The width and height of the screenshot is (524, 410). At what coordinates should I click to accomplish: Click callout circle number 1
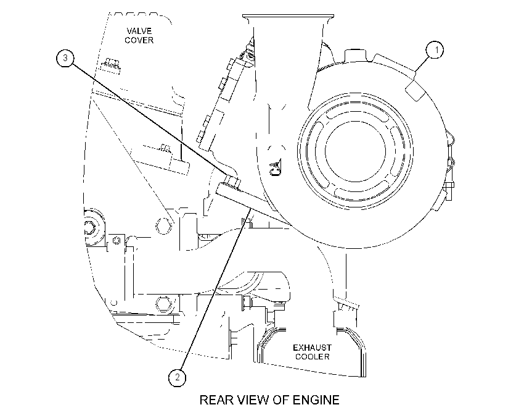click(x=435, y=50)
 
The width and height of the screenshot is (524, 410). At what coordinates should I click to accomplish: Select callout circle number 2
click(x=177, y=377)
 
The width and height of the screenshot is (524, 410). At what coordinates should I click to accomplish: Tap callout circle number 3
click(x=65, y=58)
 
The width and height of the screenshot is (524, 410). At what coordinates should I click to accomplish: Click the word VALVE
click(x=139, y=31)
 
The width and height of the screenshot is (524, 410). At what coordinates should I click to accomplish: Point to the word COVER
click(x=139, y=40)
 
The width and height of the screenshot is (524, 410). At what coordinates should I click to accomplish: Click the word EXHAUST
click(x=312, y=348)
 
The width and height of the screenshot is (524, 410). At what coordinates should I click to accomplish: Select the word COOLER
click(x=312, y=357)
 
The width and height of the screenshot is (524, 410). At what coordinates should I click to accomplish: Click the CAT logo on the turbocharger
click(x=276, y=167)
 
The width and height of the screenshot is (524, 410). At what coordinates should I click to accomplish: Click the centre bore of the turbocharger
click(x=355, y=151)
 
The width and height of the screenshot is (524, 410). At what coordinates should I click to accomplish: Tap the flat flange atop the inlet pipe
click(x=288, y=16)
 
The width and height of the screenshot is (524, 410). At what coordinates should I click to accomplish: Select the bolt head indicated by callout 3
click(x=232, y=181)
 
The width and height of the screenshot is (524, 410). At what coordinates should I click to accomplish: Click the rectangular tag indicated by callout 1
click(x=415, y=90)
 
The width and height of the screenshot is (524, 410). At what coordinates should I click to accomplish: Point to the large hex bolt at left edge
click(x=89, y=228)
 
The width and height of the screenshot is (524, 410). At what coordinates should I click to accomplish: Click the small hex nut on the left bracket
click(x=117, y=240)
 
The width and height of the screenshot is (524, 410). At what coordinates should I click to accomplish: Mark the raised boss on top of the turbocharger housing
click(x=357, y=55)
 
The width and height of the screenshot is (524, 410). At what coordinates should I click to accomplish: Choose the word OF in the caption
click(x=280, y=400)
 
